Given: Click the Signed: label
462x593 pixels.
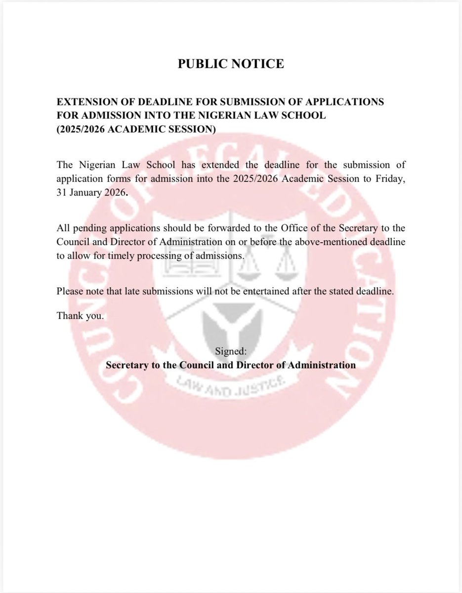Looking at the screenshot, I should point(231,351).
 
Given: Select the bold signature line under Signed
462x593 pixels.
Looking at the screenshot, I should point(231,366).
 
